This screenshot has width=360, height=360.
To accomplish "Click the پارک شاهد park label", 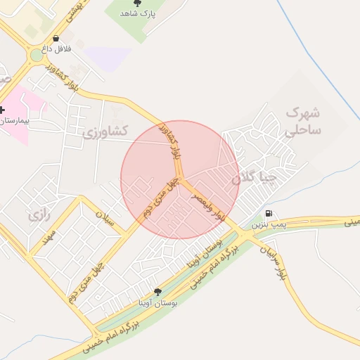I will [x=136, y=13].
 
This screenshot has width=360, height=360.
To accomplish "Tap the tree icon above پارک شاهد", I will [x=137, y=4].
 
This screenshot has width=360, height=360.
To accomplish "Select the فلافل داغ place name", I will [x=56, y=49].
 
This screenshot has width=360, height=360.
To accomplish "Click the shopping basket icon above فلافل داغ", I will [x=56, y=39].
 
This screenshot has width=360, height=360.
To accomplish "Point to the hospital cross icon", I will [x=2, y=110].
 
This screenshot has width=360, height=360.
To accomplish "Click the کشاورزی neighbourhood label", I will [x=105, y=131].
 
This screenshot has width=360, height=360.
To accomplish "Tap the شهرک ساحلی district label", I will [x=304, y=121].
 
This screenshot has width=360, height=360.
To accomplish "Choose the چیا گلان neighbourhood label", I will [x=255, y=179].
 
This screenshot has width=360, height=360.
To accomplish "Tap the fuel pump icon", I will [x=268, y=214].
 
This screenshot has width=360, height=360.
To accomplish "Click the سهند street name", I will [x=47, y=236].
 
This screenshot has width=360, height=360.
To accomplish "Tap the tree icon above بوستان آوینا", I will [x=157, y=292].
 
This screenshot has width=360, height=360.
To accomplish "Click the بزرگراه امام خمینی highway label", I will [x=112, y=333].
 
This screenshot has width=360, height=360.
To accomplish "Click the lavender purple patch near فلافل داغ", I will [x=105, y=58].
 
